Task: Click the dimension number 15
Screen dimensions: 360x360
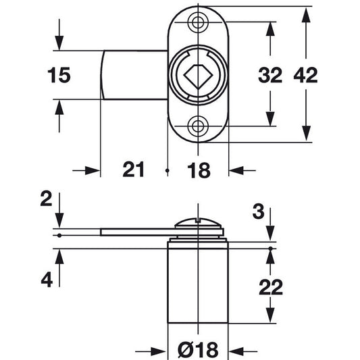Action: (x=59, y=75)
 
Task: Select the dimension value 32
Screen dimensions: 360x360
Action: (x=270, y=75)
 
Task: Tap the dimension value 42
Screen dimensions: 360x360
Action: (x=305, y=75)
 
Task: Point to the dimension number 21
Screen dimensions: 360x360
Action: (x=133, y=170)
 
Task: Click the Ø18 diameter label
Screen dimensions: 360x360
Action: (x=198, y=350)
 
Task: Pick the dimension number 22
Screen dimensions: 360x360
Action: (x=271, y=287)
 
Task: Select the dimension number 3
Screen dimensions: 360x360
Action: (x=258, y=211)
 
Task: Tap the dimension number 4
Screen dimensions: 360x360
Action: (x=47, y=280)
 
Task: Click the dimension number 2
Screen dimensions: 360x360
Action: (x=46, y=199)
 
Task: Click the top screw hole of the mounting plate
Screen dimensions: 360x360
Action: (x=198, y=22)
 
